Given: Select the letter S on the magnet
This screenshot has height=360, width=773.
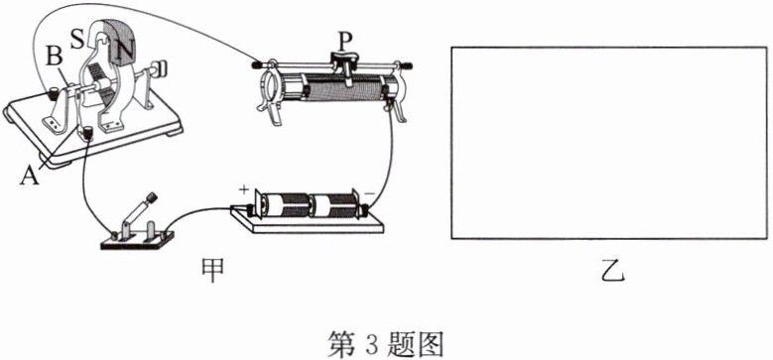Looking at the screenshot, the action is click(x=77, y=40).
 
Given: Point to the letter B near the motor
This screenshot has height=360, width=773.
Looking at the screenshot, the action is click(x=55, y=58).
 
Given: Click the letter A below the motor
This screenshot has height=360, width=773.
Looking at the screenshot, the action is click(x=30, y=176).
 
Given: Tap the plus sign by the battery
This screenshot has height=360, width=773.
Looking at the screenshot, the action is click(x=243, y=189).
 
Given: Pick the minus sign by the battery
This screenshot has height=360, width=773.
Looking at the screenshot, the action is click(x=369, y=192).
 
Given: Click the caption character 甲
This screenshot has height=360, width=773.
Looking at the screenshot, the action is click(x=212, y=270).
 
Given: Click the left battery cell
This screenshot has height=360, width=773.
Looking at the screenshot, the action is click(x=285, y=204).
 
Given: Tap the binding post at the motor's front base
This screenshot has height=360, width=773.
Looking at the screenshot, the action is click(x=88, y=134).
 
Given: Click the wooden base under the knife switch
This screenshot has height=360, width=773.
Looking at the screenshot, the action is click(x=137, y=240).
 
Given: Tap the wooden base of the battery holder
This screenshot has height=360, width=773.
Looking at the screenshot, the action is click(x=308, y=221).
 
